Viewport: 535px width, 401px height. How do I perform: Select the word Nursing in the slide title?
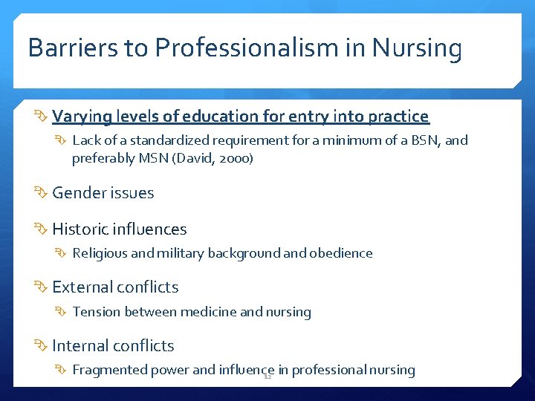[x=417, y=49]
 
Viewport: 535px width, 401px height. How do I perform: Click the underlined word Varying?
[x=80, y=117]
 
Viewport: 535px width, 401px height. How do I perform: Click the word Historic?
[x=81, y=229]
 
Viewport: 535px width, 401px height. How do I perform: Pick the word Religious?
[x=100, y=253]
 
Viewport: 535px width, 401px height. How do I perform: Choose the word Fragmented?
[x=109, y=370]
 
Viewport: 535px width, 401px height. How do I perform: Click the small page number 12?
[x=267, y=376]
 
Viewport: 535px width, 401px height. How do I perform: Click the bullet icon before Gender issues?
[x=42, y=193]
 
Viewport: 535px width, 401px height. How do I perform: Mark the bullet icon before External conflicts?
[x=42, y=287]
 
